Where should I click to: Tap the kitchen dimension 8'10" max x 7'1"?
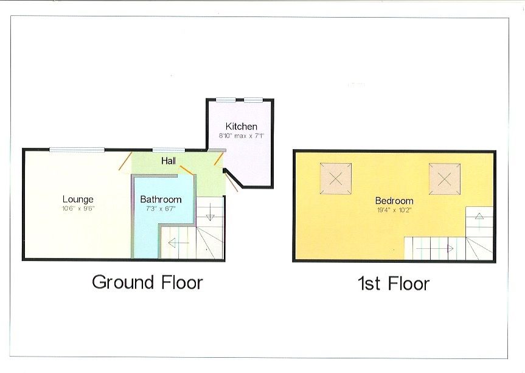pyautogui.click(x=242, y=136)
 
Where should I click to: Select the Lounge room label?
pyautogui.click(x=78, y=199)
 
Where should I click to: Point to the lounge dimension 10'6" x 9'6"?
pyautogui.click(x=78, y=208)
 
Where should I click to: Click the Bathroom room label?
pyautogui.click(x=161, y=199)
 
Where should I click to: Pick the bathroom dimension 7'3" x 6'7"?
pyautogui.click(x=161, y=208)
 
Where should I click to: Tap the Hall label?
pyautogui.click(x=169, y=161)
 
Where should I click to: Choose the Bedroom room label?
pyautogui.click(x=394, y=201)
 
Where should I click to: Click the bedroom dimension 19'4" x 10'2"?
pyautogui.click(x=394, y=210)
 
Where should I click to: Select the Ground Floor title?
pyautogui.click(x=147, y=282)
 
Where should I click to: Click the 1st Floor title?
pyautogui.click(x=394, y=284)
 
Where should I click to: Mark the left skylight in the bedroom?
pyautogui.click(x=336, y=179)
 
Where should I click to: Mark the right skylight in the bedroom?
pyautogui.click(x=444, y=179)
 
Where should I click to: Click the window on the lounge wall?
pyautogui.click(x=77, y=150)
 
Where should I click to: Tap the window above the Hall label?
pyautogui.click(x=169, y=150)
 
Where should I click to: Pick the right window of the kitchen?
pyautogui.click(x=253, y=100)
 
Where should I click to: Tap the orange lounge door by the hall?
pyautogui.click(x=124, y=161)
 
